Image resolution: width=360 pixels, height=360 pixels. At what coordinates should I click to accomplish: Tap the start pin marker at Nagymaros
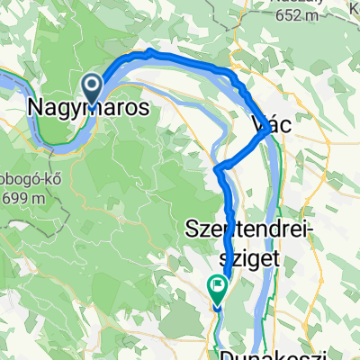point(93,87)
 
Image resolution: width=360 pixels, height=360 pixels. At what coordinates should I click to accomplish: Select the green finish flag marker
point(217,288)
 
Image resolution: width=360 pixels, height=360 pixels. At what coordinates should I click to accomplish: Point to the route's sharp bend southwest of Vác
point(220,169)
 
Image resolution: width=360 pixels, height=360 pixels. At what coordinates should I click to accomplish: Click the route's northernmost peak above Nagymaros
point(148,52)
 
